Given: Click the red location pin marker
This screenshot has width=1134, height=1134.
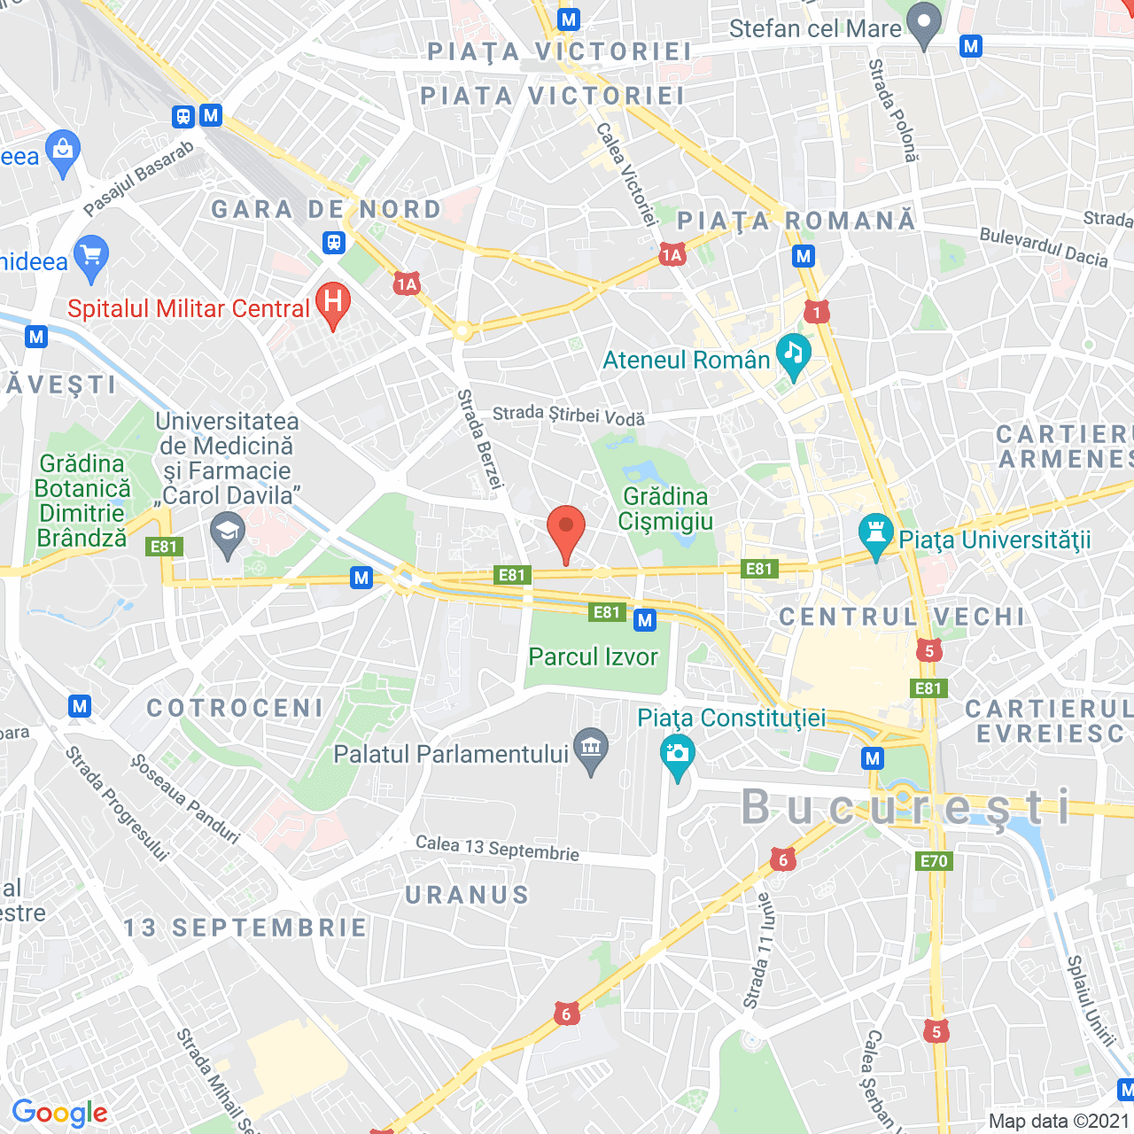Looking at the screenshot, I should (566, 530).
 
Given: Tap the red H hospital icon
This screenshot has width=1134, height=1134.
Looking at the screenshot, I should (333, 303).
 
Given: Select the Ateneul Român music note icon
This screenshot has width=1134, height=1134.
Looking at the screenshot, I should (793, 354).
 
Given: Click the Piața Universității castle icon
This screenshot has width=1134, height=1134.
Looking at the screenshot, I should (876, 534).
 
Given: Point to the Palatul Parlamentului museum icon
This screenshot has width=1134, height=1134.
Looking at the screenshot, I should (591, 749).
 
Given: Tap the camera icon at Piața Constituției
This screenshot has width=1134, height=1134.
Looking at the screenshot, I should (678, 756).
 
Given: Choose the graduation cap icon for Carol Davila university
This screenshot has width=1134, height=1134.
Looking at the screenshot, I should (228, 534).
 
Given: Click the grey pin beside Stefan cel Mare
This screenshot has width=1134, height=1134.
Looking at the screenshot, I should (924, 24).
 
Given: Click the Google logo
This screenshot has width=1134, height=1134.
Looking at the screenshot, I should (60, 1113).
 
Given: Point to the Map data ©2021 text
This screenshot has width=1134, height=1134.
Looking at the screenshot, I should (1059, 1121).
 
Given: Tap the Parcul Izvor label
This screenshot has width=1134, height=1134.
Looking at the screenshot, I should (593, 657).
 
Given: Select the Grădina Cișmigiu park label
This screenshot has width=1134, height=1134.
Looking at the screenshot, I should (665, 509).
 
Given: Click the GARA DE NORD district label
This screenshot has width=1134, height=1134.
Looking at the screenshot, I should (326, 209).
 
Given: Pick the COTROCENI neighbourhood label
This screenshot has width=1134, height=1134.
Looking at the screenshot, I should (236, 708).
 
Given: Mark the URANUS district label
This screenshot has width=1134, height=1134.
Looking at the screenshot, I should (467, 895).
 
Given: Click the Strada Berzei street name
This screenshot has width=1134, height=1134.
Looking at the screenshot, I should (480, 439).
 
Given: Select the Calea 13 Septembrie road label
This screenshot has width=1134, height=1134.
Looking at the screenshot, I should (497, 848).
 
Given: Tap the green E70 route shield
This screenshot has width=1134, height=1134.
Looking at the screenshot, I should (934, 860).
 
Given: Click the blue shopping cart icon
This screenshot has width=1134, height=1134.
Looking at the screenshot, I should (91, 256).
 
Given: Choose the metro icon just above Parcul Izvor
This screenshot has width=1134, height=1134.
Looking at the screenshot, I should (645, 620).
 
